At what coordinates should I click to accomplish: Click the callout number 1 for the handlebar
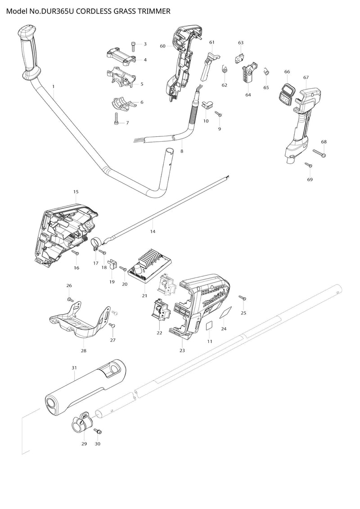[x=53, y=86]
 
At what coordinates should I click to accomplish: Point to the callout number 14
[x=153, y=231]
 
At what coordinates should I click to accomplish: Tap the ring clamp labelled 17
[x=95, y=243]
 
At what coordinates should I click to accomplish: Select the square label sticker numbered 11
[x=209, y=326]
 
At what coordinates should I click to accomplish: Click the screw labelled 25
[x=242, y=297]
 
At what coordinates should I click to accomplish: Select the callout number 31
[x=74, y=368]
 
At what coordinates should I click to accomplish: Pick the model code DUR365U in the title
[x=58, y=11]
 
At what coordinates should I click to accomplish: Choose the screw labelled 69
[x=309, y=165]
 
